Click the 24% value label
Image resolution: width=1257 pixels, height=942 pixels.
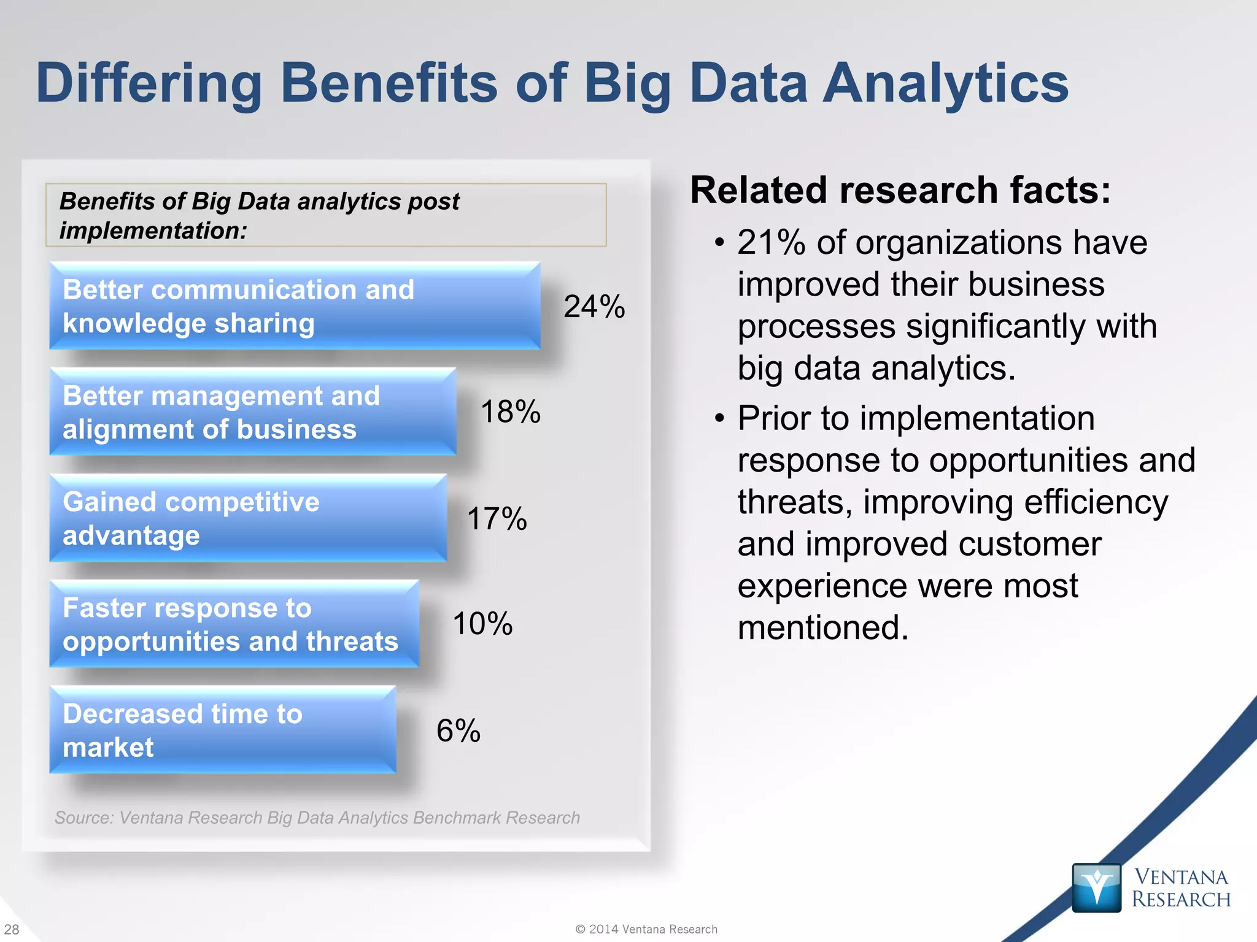point(594,307)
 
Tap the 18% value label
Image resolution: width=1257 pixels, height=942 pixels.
point(510,412)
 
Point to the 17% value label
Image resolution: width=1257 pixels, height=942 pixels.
point(497,519)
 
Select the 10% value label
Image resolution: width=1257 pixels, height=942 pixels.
point(482,624)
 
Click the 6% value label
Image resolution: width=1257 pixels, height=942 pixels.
point(458,730)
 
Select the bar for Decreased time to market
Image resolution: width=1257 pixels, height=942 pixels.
point(222,730)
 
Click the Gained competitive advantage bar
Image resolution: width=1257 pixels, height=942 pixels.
point(248,518)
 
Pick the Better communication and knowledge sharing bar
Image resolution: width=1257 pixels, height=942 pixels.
point(295,306)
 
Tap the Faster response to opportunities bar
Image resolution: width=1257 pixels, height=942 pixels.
point(234,624)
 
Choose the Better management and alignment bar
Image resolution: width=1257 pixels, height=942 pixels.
point(252,412)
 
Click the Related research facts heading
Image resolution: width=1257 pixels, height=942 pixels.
point(900,190)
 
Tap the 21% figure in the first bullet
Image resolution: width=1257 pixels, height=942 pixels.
point(772,243)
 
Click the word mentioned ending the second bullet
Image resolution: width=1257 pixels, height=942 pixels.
point(822,628)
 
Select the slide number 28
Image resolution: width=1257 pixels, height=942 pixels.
point(12,929)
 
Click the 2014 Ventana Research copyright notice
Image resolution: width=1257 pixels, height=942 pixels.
point(646,929)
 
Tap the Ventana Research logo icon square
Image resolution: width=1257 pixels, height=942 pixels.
point(1096,887)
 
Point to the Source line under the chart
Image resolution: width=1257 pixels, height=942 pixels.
point(317,818)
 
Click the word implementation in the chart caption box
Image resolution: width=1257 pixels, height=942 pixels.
point(152,231)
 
